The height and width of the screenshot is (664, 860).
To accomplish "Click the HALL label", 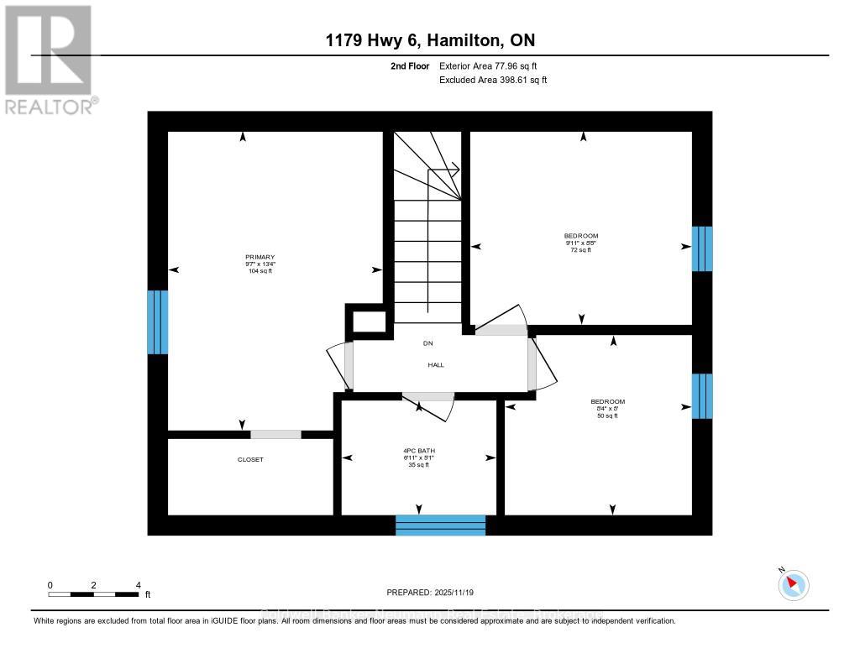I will point(436,365).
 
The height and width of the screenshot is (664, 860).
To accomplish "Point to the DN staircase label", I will point(427,342).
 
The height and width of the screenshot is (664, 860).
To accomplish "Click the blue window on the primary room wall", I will point(157,322).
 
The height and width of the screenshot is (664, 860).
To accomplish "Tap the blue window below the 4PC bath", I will point(441,525).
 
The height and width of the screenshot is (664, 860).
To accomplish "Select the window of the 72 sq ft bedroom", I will point(701,248).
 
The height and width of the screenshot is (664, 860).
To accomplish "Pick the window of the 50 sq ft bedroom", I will point(701,396).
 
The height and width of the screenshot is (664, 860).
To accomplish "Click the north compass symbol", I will point(794,584).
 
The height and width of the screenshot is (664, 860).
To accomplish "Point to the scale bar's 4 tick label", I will point(138,585).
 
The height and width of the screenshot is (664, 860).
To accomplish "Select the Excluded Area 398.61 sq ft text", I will point(493,81).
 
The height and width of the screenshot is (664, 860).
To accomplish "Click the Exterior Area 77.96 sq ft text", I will point(493,65).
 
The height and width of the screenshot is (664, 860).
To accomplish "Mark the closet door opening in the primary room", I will point(275,434).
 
